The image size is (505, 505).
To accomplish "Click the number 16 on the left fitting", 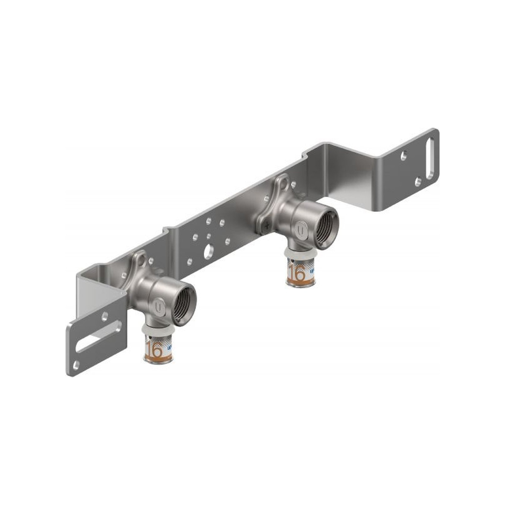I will [155, 349].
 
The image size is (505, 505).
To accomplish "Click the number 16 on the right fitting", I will [297, 274].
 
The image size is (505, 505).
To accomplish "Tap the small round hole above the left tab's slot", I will [105, 317].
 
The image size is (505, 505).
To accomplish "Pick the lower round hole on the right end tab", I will [418, 181].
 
